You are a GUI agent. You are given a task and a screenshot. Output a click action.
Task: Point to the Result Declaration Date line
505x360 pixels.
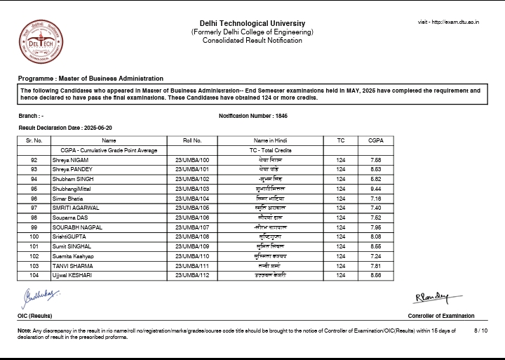pyautogui.click(x=65, y=128)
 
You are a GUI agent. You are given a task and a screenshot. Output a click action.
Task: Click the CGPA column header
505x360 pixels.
pyautogui.click(x=375, y=140)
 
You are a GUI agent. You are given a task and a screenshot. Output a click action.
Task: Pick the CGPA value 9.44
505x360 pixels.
pyautogui.click(x=375, y=189)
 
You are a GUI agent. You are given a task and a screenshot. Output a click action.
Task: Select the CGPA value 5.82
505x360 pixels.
pyautogui.click(x=375, y=179)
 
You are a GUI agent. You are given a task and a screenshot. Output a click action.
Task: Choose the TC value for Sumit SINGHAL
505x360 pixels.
pyautogui.click(x=341, y=246)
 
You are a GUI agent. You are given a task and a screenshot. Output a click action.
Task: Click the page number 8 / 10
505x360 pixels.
pyautogui.click(x=480, y=330)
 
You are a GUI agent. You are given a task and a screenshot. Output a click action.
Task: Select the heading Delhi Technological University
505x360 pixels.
pyautogui.click(x=252, y=23)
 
